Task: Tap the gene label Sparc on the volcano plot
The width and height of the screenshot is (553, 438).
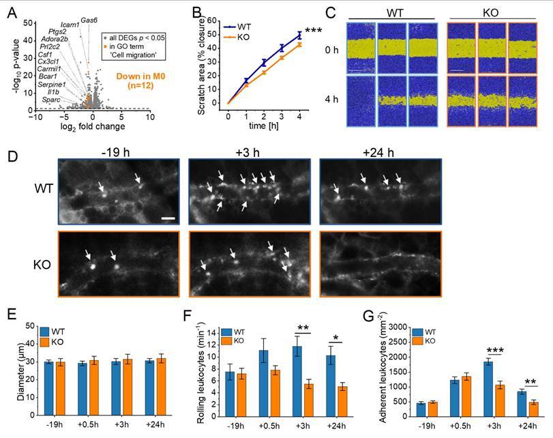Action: [52, 100]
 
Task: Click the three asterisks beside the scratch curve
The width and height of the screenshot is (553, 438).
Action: [314, 31]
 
